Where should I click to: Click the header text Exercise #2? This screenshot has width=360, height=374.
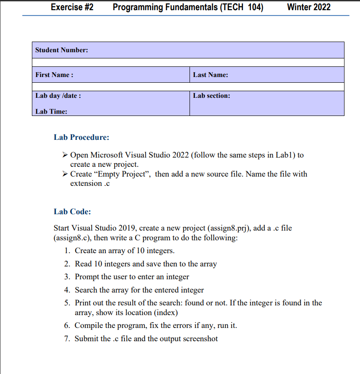(72, 7)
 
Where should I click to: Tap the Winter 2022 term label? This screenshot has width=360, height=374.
(309, 7)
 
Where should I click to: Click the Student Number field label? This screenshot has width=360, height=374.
(62, 50)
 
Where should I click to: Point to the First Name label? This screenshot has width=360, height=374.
(54, 75)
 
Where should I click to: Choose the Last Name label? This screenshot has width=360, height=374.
(210, 75)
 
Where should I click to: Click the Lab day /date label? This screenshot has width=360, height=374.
(58, 96)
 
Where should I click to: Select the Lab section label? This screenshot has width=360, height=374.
(211, 96)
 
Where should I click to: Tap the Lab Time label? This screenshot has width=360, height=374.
(51, 112)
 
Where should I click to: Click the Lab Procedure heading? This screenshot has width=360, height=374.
(81, 137)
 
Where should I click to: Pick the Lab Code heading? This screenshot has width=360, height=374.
(72, 212)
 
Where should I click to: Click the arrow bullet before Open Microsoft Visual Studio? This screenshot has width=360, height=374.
(65, 155)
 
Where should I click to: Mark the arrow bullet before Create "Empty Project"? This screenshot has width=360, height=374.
(65, 174)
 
